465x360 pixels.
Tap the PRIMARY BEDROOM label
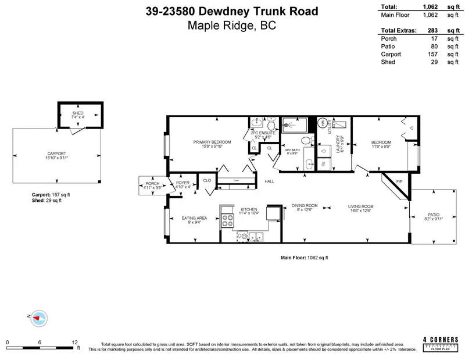(212, 142)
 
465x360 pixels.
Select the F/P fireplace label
(399, 183)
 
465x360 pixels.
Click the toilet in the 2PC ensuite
(256, 123)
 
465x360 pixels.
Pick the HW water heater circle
(323, 123)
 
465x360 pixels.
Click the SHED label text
(78, 113)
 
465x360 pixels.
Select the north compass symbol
(38, 318)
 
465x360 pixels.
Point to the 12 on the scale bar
(74, 342)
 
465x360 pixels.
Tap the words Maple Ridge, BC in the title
(233, 26)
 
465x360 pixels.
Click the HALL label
(269, 181)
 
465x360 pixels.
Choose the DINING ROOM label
(305, 205)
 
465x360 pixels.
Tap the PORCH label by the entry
(152, 184)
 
